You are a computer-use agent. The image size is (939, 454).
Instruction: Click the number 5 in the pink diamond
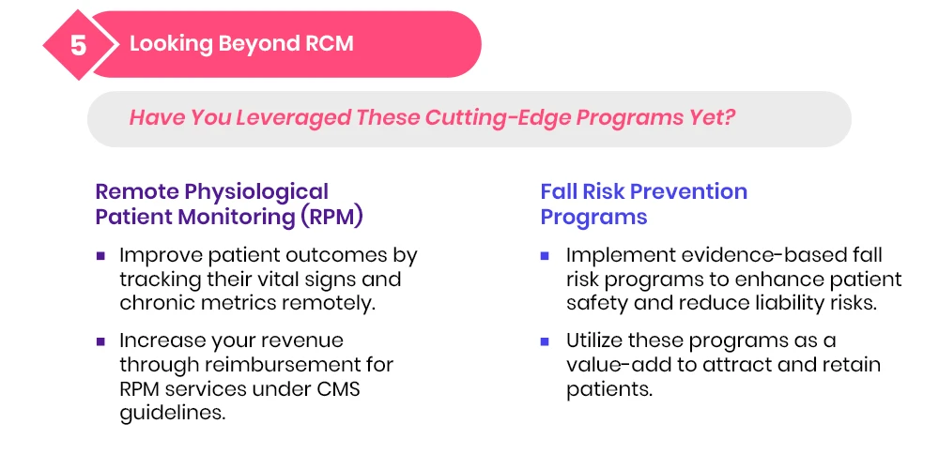click(79, 45)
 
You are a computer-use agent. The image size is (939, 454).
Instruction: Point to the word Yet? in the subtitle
click(711, 118)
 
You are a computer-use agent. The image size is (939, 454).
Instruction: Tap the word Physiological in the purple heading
click(256, 192)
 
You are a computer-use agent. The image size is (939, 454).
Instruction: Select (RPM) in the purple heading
click(332, 217)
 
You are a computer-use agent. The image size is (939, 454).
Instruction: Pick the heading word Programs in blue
click(593, 217)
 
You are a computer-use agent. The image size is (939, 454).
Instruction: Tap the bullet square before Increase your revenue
click(100, 342)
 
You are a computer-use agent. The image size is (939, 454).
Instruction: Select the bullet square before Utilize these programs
click(545, 342)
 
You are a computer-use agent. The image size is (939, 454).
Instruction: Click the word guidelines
click(173, 414)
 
